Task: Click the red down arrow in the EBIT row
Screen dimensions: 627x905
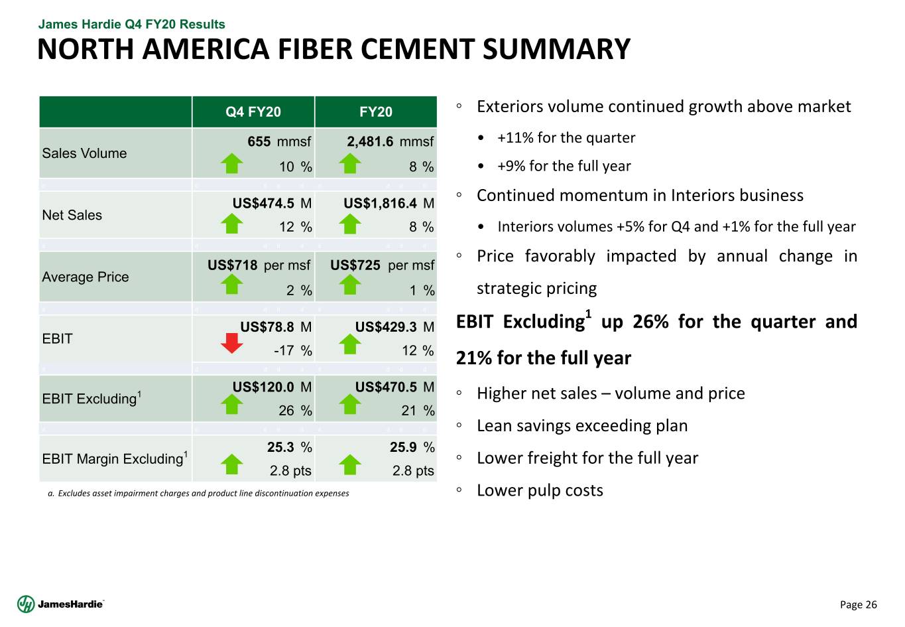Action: [231, 343]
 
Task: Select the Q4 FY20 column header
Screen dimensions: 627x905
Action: [253, 112]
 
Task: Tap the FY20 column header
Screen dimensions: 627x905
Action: [376, 112]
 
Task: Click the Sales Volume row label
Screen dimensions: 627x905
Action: [84, 153]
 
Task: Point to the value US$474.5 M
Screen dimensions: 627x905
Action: [272, 203]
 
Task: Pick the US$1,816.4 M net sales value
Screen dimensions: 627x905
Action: [389, 203]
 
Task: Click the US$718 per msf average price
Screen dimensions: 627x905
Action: [259, 265]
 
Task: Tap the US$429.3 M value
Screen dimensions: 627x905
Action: [394, 326]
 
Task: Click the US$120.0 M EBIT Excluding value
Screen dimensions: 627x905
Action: [272, 387]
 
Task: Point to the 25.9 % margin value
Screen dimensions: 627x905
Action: [412, 447]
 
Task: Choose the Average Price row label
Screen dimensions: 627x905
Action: [86, 277]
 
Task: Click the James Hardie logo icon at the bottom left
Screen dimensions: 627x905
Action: [26, 604]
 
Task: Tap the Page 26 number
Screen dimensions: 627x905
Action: [858, 604]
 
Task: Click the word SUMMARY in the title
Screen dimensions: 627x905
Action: [556, 50]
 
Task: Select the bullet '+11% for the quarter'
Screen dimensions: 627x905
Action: [566, 138]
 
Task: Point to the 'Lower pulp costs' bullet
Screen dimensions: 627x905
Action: [540, 490]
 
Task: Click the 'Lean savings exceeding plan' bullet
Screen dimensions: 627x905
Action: [582, 426]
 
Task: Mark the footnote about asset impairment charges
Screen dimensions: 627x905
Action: [199, 494]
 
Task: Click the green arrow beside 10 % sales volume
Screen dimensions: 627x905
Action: [231, 163]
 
